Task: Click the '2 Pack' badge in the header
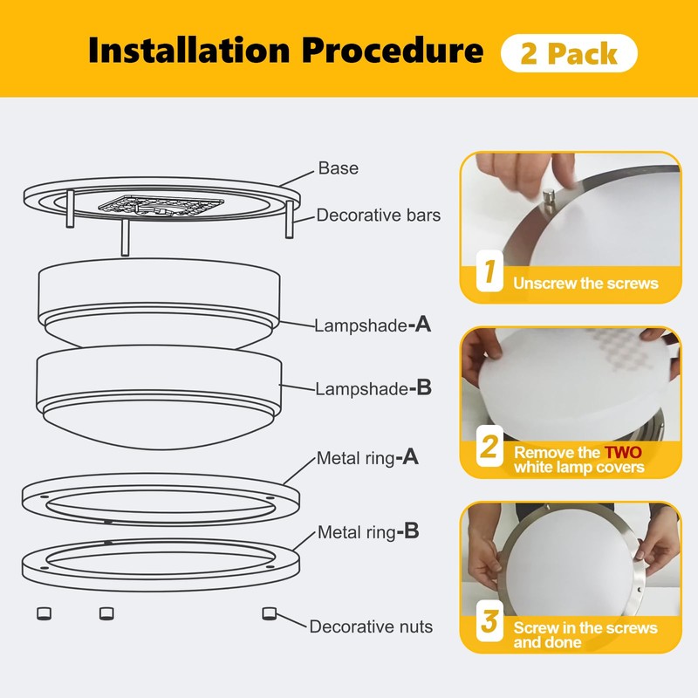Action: (569, 53)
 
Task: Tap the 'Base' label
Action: (338, 168)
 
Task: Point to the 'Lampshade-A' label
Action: (373, 325)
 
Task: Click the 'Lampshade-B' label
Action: (373, 388)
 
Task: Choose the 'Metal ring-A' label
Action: (367, 457)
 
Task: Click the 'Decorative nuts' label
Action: (371, 626)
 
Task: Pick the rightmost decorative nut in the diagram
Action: (270, 613)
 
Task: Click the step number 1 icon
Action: (489, 273)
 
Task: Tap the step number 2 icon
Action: (489, 449)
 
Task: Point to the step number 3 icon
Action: (489, 624)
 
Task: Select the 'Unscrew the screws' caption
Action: (585, 283)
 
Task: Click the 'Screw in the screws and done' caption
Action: (585, 634)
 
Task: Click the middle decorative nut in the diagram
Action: (106, 613)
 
